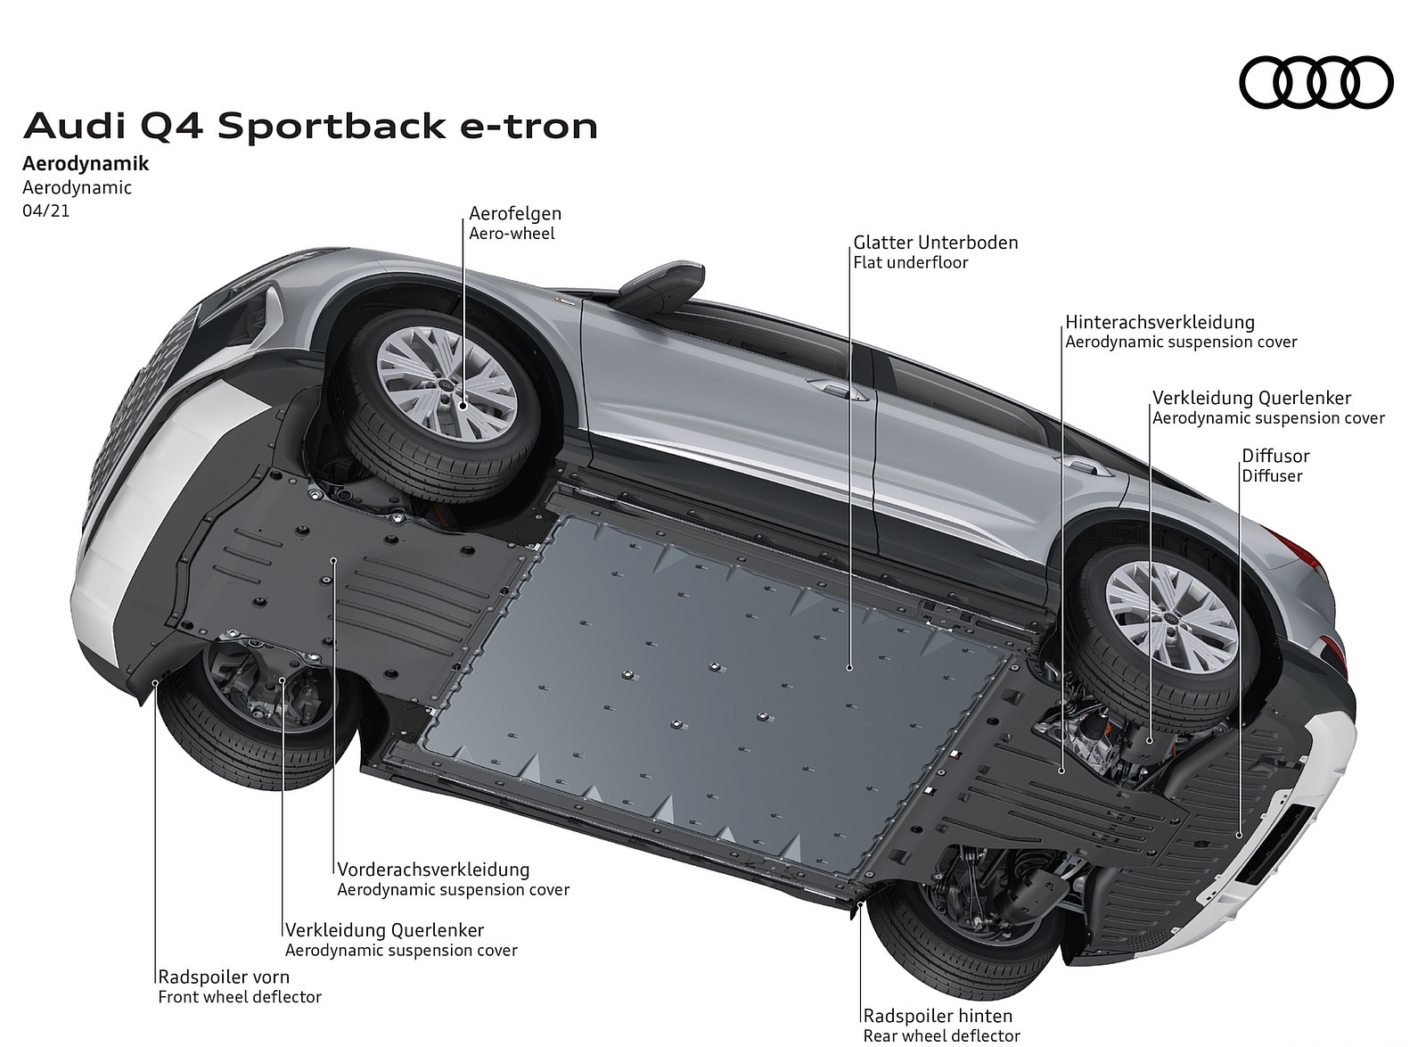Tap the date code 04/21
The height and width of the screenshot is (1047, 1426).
(46, 211)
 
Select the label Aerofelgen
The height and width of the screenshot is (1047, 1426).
(515, 214)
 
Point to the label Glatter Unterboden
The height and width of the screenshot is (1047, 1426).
(935, 243)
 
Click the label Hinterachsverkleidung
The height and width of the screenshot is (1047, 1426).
(1160, 322)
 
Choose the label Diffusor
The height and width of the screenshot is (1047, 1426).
(1275, 457)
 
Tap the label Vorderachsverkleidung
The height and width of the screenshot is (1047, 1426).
(433, 869)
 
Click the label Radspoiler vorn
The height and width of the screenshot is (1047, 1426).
(224, 977)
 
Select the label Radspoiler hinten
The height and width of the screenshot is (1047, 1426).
(938, 1016)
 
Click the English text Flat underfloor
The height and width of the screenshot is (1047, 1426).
(910, 262)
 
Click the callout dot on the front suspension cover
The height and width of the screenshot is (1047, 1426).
(332, 560)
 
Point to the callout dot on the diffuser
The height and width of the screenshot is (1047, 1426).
(1240, 834)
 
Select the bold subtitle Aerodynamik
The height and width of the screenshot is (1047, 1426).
(85, 164)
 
